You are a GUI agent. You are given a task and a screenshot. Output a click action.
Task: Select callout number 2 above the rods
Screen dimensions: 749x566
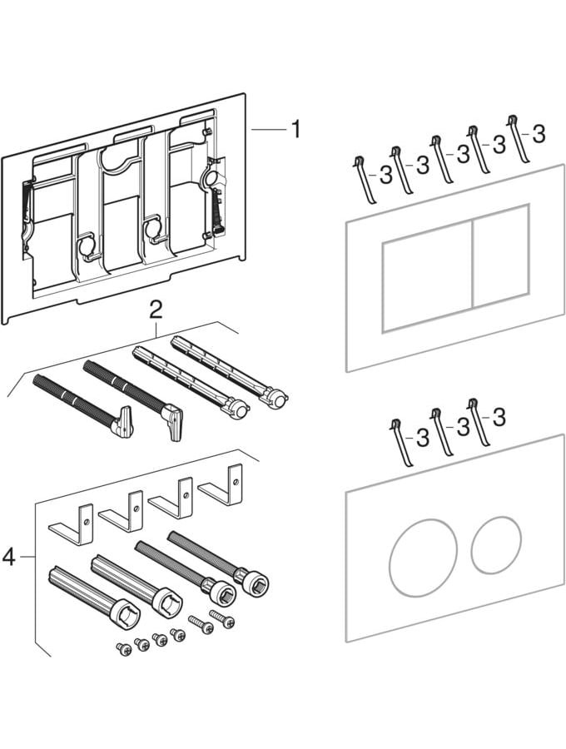pyautogui.click(x=154, y=310)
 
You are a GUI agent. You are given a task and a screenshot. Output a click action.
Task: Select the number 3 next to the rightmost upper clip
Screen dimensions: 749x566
pyautogui.click(x=539, y=132)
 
